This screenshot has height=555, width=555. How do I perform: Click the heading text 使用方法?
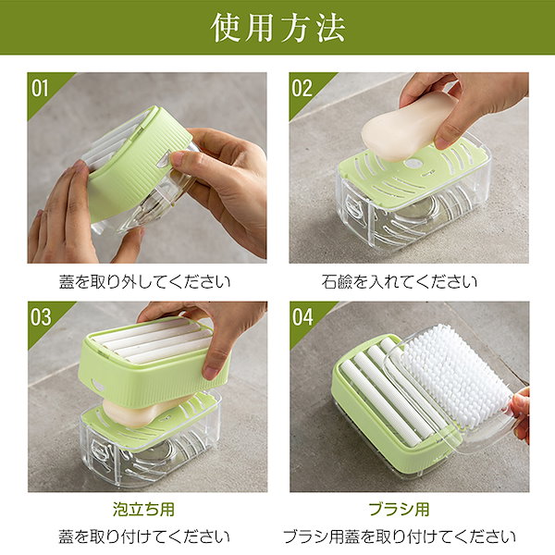point(277,28)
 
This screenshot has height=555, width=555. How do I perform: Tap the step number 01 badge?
point(39,88)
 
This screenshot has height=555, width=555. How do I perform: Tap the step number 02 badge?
point(302,88)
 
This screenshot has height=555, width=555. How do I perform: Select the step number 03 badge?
point(41,317)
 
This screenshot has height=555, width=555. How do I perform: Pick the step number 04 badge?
point(302,317)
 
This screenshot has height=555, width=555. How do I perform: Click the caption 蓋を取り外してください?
point(145,282)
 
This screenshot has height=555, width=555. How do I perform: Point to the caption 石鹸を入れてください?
point(400,282)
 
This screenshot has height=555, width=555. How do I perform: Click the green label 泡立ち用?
point(143,510)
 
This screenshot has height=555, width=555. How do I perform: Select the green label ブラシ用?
point(400,510)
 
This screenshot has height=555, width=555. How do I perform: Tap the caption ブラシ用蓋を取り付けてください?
point(400,536)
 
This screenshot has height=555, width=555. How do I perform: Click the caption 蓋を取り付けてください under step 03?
point(144,536)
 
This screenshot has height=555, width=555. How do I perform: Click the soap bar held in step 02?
point(407,126)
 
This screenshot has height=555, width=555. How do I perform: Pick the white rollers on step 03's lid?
point(153,341)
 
